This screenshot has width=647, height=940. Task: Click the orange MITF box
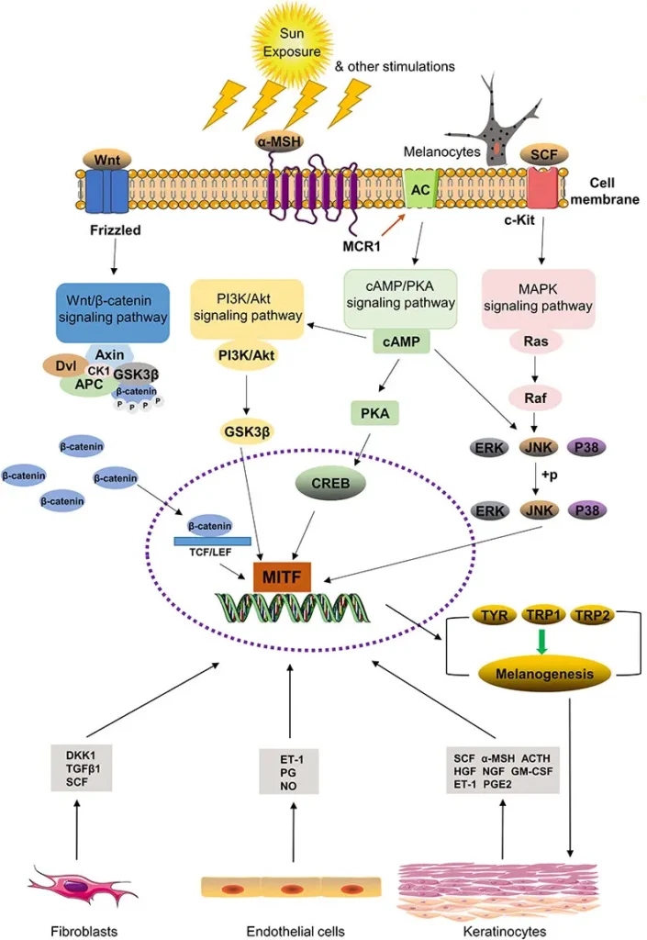[283, 576]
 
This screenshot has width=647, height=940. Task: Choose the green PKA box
[374, 414]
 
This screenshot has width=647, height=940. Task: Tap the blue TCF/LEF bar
[208, 543]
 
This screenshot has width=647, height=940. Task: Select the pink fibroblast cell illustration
[74, 886]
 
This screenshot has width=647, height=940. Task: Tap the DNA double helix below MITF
[294, 609]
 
